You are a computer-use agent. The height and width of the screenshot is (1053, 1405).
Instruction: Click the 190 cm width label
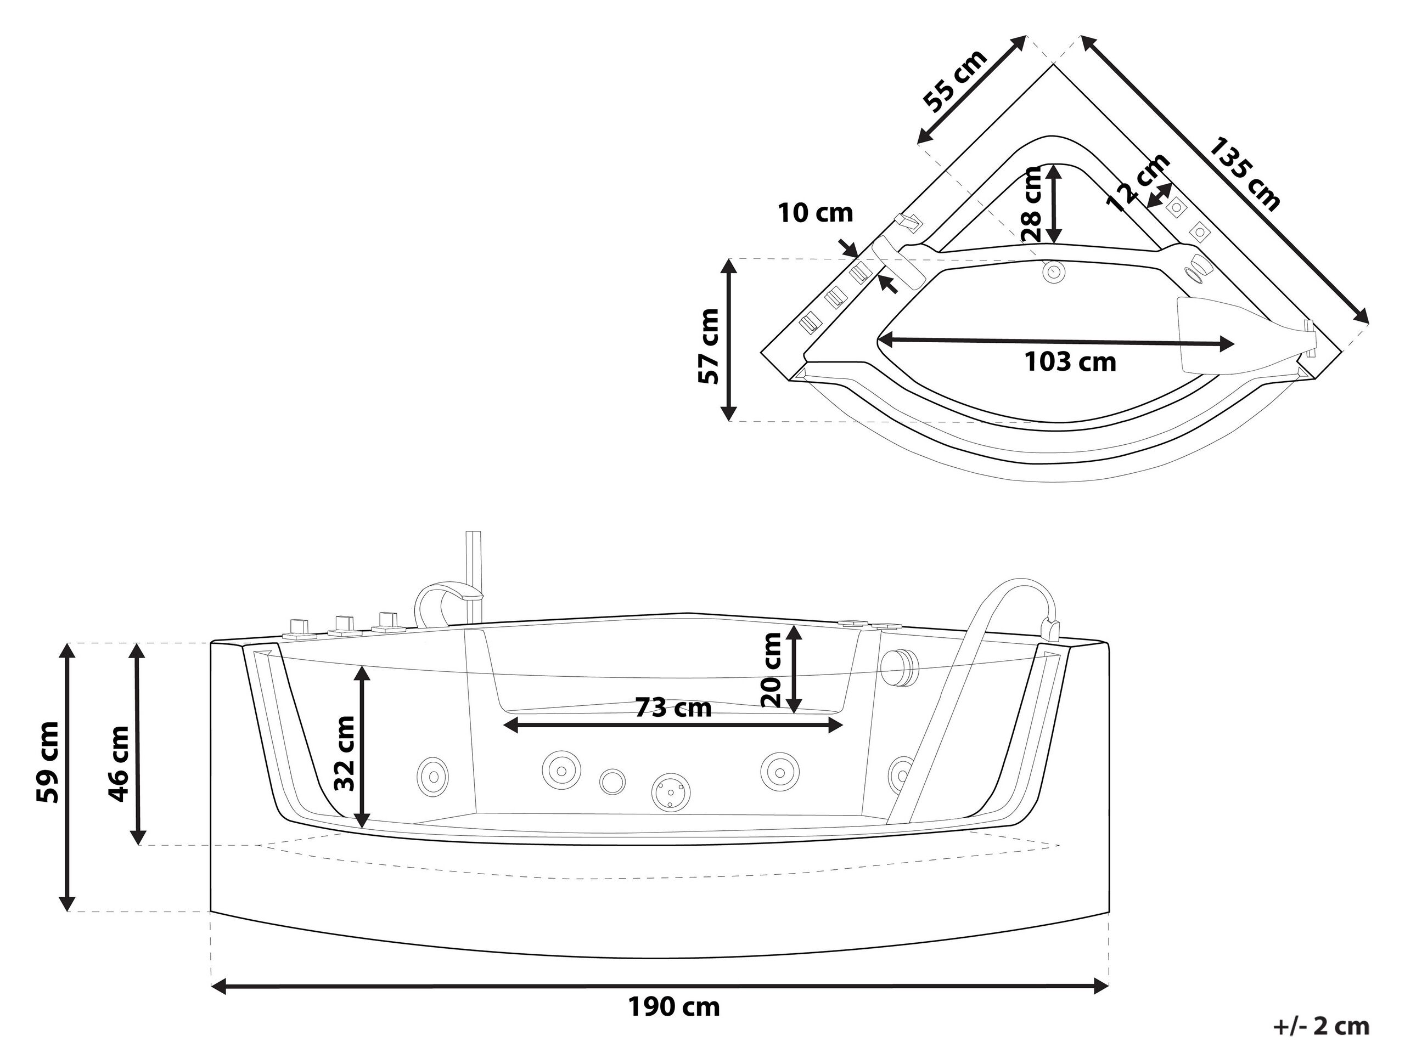click(x=674, y=1007)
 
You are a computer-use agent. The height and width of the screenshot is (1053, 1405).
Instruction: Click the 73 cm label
click(x=673, y=707)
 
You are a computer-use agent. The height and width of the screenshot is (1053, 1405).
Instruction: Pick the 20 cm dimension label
click(x=772, y=670)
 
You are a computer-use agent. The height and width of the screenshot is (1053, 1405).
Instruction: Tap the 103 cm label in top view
click(x=1070, y=362)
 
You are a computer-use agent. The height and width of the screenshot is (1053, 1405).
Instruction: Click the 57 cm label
click(x=708, y=346)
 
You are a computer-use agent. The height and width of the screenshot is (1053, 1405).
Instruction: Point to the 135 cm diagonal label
click(x=1244, y=173)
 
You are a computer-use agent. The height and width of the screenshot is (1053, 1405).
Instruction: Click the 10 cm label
click(x=816, y=213)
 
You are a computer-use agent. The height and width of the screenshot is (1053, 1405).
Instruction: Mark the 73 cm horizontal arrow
click(x=673, y=725)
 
